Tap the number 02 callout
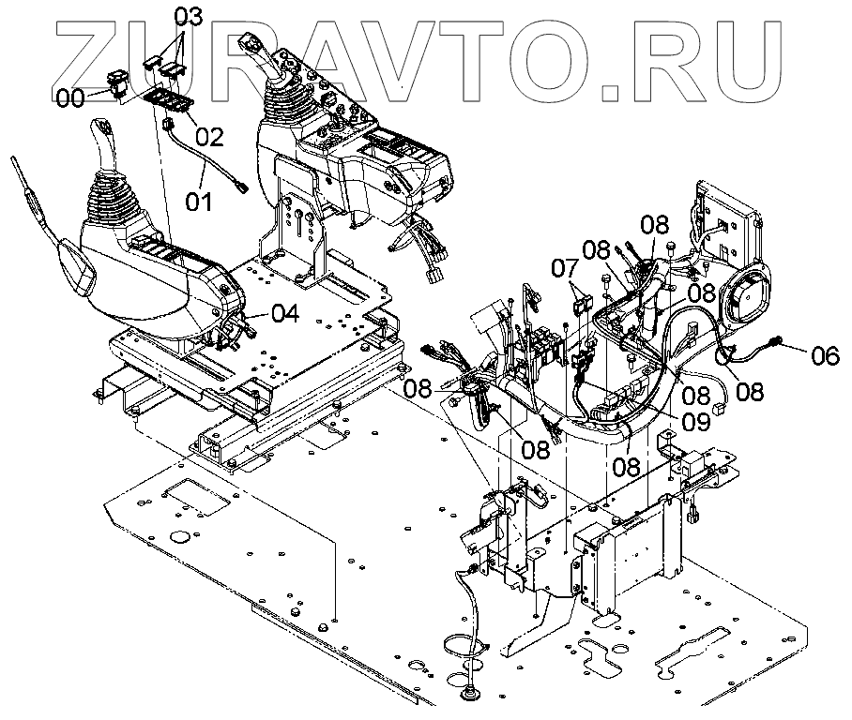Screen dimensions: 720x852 [209, 137]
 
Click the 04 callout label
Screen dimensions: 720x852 [285, 313]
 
